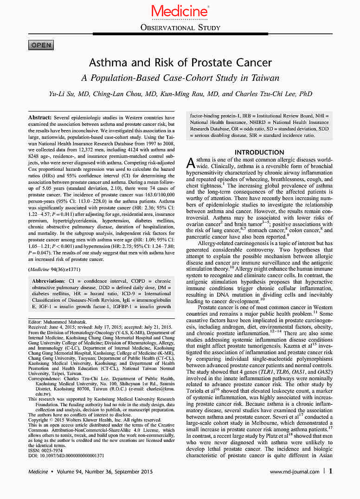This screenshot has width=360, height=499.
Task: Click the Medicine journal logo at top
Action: pyautogui.click(x=180, y=10)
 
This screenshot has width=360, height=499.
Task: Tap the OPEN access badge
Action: pyautogui.click(x=41, y=45)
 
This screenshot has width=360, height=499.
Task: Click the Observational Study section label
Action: pyautogui.click(x=180, y=28)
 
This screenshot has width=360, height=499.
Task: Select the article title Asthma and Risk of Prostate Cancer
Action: pyautogui.click(x=180, y=62)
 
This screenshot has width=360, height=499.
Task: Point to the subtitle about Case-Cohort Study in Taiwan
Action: pyautogui.click(x=180, y=78)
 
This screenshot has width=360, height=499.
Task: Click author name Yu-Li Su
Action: pyautogui.click(x=65, y=94)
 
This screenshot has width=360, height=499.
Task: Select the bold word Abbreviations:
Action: pyautogui.click(x=51, y=281)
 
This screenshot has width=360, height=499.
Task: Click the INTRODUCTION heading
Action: pyautogui.click(x=259, y=152)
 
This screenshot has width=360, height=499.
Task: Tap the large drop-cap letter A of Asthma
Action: pyautogui.click(x=190, y=163)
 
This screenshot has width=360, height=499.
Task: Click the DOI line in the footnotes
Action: pyautogui.click(x=66, y=456)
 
